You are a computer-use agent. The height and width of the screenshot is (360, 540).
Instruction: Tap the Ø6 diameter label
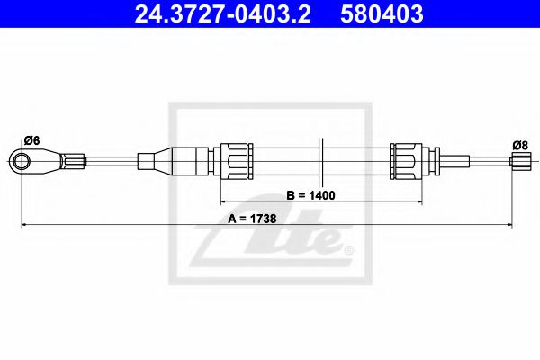(x=30, y=139)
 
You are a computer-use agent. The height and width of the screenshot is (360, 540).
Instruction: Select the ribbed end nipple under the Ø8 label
(x=519, y=162)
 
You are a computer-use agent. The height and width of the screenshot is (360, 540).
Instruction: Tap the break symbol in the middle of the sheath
(x=320, y=162)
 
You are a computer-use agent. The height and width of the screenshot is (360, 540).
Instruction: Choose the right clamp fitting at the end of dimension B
(x=406, y=162)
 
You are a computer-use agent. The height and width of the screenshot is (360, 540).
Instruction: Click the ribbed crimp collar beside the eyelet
(x=75, y=162)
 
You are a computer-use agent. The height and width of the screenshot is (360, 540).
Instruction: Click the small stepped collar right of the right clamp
(x=429, y=162)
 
